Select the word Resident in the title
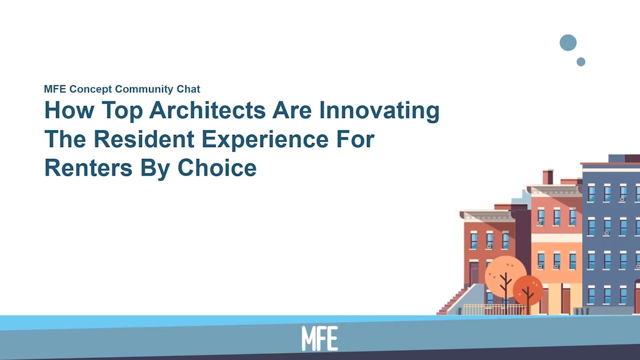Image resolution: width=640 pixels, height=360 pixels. point(144,138)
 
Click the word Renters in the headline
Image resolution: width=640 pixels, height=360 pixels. point(88,167)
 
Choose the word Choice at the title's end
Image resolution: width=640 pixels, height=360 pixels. point(217,167)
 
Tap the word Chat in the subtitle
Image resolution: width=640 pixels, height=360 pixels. point(188,89)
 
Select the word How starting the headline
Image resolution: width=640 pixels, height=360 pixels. point(62,110)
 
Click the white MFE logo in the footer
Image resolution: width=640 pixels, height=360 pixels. point(320,338)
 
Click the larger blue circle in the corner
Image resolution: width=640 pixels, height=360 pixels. point(568,43)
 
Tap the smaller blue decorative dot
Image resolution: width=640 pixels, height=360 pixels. point(580,62)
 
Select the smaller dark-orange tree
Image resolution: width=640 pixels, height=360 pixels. point(527,289)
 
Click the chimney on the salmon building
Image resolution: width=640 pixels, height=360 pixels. point(548,177)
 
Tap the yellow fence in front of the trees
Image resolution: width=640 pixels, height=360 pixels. point(495,309)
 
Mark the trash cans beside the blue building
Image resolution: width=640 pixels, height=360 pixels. point(580,311)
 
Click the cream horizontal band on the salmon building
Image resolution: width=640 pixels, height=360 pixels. point(556,239)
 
